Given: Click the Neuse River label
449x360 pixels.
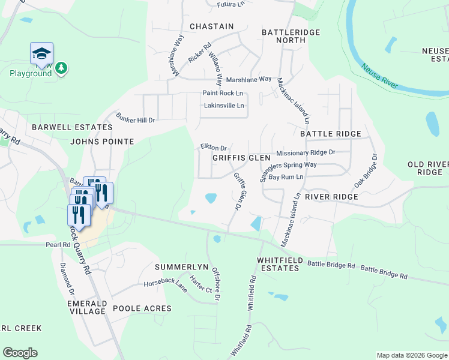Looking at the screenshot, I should (x=379, y=74).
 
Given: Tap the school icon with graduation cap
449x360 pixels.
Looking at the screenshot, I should (x=41, y=54).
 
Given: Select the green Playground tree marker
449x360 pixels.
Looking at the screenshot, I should (x=61, y=69).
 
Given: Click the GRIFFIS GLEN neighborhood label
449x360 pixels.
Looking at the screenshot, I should (x=241, y=158).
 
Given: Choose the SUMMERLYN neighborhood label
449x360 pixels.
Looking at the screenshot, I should (x=181, y=266).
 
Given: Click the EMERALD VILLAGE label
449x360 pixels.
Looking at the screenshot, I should (x=87, y=307).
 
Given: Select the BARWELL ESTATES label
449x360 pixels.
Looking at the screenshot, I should (x=72, y=127).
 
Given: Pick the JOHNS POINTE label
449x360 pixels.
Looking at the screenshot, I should (x=102, y=142).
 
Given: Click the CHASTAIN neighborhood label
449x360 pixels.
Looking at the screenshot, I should (x=211, y=26).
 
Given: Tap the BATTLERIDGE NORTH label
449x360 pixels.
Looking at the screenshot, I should (x=291, y=36).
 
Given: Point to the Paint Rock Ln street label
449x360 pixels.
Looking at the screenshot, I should (x=223, y=93).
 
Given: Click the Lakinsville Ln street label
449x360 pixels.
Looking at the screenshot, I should (x=224, y=106).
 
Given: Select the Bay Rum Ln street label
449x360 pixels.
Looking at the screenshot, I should (x=286, y=177).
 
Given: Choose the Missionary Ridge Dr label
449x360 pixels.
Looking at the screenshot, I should (x=306, y=153).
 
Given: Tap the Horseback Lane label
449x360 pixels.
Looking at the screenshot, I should (x=165, y=284).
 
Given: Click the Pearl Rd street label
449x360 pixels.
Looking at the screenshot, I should (x=58, y=245).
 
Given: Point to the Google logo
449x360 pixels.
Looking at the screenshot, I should (x=20, y=353).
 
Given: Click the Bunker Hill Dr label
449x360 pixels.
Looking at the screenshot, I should (x=136, y=119).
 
